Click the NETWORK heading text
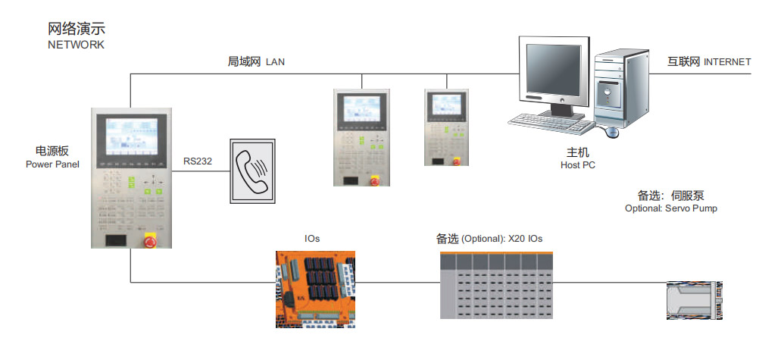[x=76, y=45]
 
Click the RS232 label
[x=198, y=161]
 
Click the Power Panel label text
[x=52, y=164]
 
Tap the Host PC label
[x=577, y=164]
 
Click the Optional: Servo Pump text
[x=670, y=208]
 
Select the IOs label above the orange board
[x=312, y=239]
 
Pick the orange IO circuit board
[x=315, y=290]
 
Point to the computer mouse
[x=611, y=133]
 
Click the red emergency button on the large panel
[x=149, y=240]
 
